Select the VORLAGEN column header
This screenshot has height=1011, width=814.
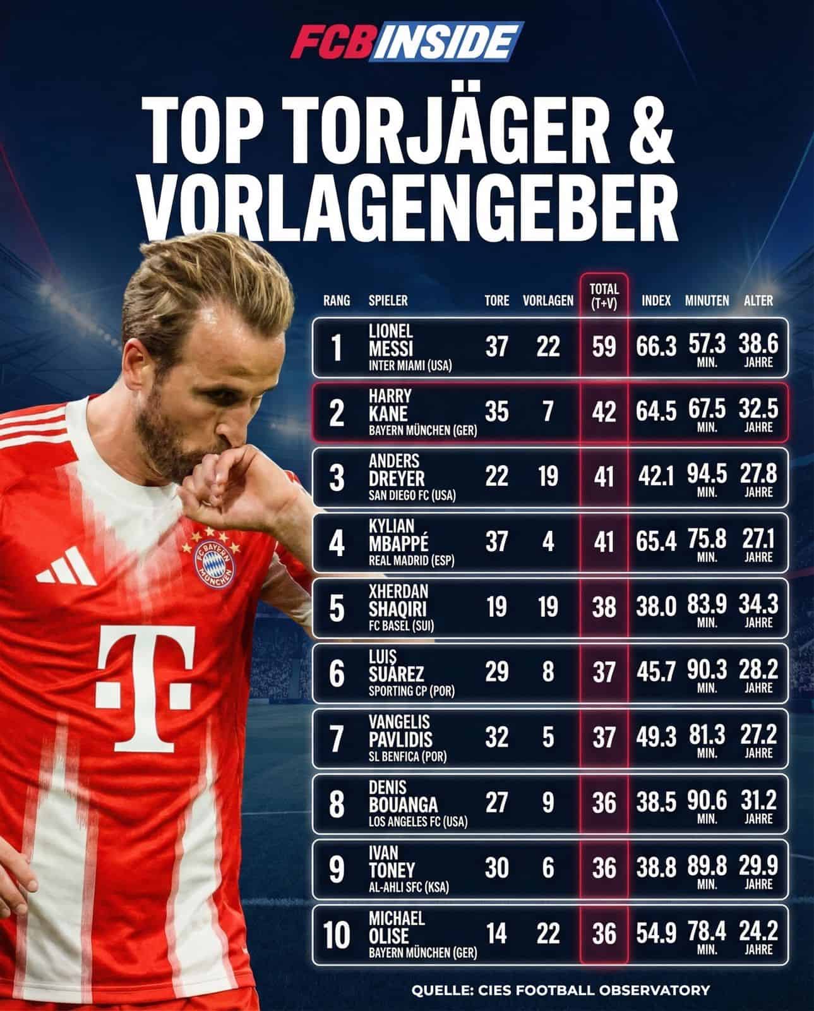(548, 301)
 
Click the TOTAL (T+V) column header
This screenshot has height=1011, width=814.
(604, 296)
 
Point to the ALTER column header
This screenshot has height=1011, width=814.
(758, 301)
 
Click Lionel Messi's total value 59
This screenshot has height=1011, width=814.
(604, 347)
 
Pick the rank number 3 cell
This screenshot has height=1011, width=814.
(337, 478)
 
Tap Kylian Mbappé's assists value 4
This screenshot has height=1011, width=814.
(548, 542)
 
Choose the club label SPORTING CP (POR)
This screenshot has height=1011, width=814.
(411, 691)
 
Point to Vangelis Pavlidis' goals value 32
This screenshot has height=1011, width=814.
(496, 737)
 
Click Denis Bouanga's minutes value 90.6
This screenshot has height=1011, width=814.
(707, 801)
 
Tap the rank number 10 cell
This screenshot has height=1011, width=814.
(337, 935)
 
